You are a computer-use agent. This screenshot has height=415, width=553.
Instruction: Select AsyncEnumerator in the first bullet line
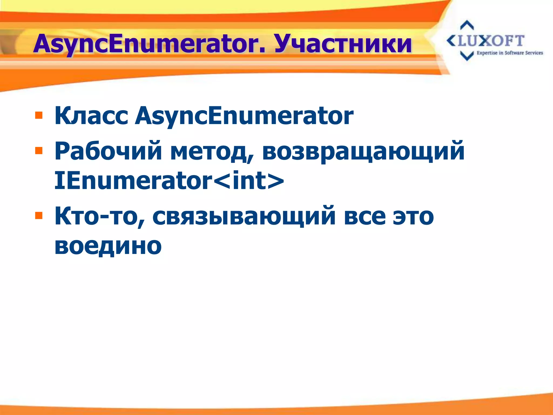(x=244, y=116)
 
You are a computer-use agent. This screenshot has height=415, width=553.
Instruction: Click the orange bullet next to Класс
(x=39, y=116)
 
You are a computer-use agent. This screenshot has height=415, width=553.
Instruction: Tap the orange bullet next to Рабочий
(x=39, y=150)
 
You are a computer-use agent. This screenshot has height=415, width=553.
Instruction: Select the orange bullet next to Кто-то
(x=39, y=216)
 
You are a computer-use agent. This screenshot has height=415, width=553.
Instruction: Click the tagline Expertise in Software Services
(x=510, y=53)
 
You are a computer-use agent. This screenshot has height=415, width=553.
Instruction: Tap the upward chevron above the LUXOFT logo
(x=467, y=25)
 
